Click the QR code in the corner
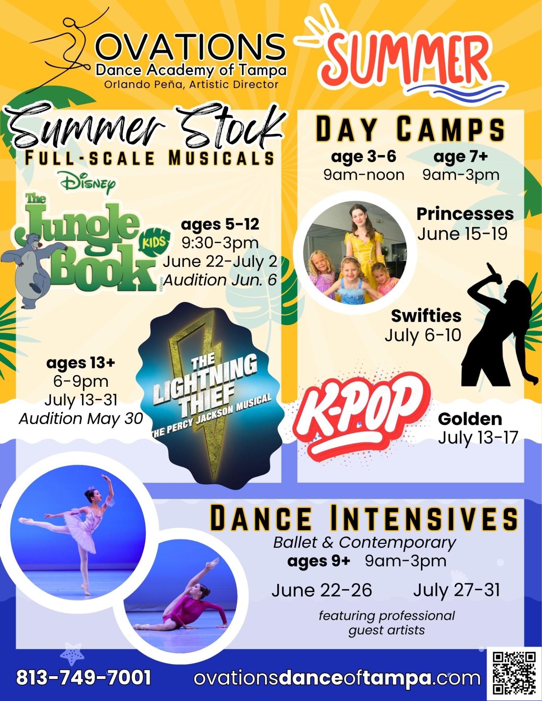(514, 673)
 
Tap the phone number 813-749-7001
(83, 678)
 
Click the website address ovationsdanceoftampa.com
(337, 678)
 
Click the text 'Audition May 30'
(81, 419)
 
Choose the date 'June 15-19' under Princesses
(463, 234)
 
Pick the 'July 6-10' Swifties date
(423, 336)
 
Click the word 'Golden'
(470, 419)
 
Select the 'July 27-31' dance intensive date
(457, 590)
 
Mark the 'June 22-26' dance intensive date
(322, 590)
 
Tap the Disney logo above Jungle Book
(88, 183)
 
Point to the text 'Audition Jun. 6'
(220, 280)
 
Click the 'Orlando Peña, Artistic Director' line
(192, 85)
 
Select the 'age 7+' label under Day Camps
(461, 156)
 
